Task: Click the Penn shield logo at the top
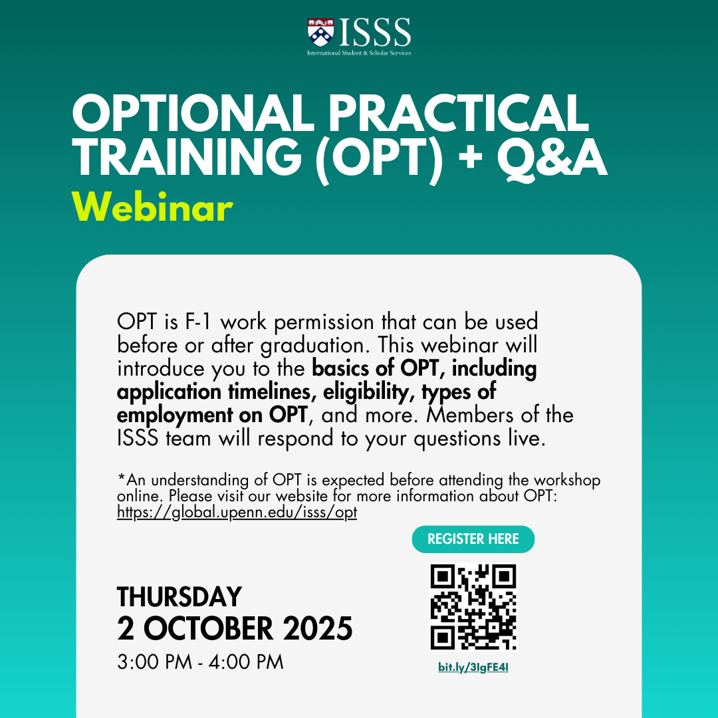(320, 32)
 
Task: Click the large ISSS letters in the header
(375, 33)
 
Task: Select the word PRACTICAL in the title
(458, 113)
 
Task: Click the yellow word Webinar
(152, 207)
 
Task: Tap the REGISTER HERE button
(473, 539)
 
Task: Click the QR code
(473, 607)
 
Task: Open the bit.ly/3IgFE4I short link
(473, 667)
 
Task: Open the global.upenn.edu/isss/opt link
(237, 512)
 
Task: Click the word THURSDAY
(179, 596)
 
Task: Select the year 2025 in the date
(318, 628)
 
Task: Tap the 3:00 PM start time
(154, 662)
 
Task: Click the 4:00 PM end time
(246, 662)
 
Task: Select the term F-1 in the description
(198, 322)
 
